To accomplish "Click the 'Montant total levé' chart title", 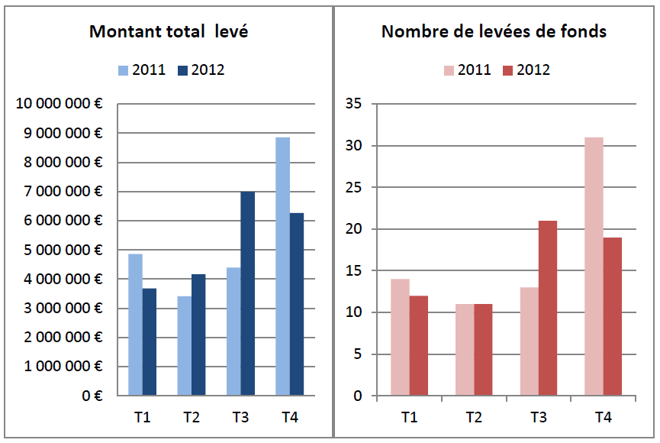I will (169, 31).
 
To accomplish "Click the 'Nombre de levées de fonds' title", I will (494, 31).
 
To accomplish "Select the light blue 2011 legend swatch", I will (123, 70).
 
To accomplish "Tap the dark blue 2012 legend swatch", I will (182, 70).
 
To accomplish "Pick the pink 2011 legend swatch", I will (449, 70).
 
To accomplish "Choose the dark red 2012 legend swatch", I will (507, 70).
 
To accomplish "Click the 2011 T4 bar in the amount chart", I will (282, 267).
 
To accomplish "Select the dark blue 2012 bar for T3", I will (248, 293).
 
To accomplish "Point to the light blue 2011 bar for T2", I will (185, 345).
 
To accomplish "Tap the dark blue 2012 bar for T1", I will (150, 341).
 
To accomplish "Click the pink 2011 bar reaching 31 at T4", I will (594, 267).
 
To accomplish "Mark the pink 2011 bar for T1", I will (400, 337).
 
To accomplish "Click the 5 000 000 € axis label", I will (62, 250).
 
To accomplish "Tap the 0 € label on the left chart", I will (92, 396).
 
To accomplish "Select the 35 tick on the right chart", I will (354, 104).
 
